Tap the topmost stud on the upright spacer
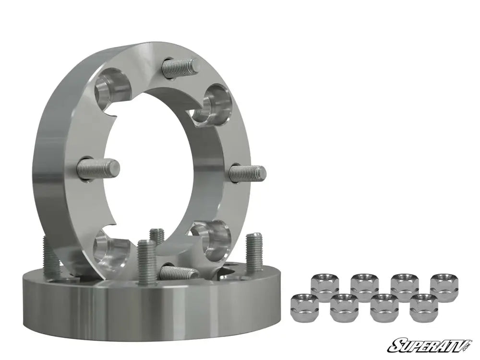[x=180, y=66]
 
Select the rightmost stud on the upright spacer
[x=247, y=173]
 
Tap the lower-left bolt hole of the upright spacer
[x=112, y=247]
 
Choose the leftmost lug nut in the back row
[x=325, y=285]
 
